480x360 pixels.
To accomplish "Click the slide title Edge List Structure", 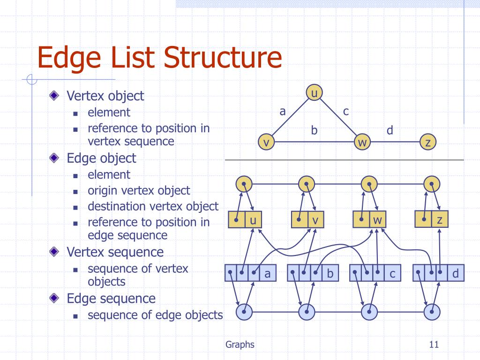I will tap(159, 58).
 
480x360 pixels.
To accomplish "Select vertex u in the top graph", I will tap(314, 93).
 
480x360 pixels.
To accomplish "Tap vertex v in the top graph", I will tap(266, 142).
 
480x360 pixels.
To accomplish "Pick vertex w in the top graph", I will tap(362, 142).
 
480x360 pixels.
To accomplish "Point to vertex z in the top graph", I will tap(427, 142).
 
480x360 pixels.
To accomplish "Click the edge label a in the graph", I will tap(282, 111).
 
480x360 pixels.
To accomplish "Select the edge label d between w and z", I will tap(390, 130).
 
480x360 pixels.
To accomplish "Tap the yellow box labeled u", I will tap(253, 220).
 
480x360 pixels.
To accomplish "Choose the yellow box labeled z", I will tap(440, 219).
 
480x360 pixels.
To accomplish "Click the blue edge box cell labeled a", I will tap(268, 273).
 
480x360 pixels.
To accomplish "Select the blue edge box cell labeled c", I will tap(393, 273).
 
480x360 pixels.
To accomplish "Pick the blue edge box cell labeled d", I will tap(456, 273).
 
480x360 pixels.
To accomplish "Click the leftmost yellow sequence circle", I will tap(244, 184).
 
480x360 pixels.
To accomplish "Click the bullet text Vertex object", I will tap(105, 96).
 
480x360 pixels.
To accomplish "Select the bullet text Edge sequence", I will tap(111, 298).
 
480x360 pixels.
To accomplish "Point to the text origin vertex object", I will tap(139, 190).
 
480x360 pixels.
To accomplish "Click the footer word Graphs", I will tap(240, 345).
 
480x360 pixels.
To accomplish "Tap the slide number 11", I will tap(433, 345).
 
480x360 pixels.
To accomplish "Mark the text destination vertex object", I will tap(153, 206).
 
